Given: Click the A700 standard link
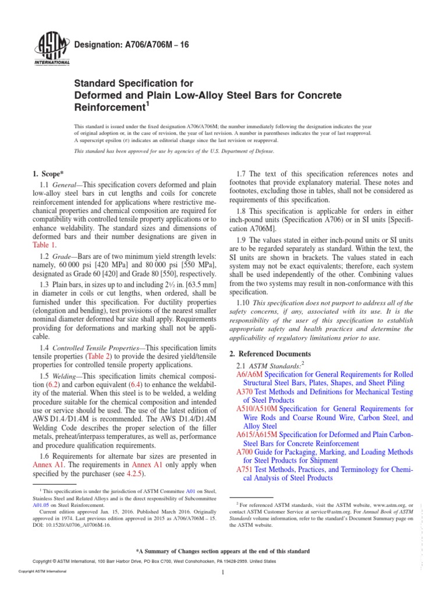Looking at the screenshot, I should coord(246,452).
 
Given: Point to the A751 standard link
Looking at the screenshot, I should coord(246,469).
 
